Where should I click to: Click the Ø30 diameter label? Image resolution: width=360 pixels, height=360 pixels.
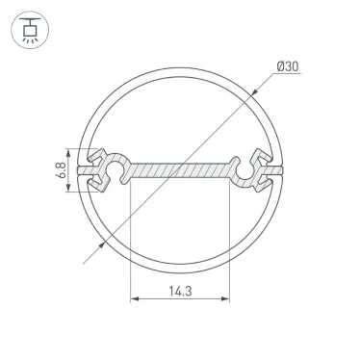pos(289,66)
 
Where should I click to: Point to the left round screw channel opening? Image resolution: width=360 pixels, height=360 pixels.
pos(112,171)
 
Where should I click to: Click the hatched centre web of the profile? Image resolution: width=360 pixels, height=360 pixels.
pos(180,170)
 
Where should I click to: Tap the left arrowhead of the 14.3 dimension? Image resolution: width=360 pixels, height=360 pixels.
pos(134,299)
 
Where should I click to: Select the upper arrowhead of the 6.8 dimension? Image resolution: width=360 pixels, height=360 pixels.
pos(69,151)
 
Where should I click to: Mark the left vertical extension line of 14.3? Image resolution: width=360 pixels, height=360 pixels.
pos(130,241)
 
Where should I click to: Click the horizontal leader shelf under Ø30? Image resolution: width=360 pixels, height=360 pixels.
pos(289,77)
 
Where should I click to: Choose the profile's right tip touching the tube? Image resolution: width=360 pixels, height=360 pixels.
pos(282,171)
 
